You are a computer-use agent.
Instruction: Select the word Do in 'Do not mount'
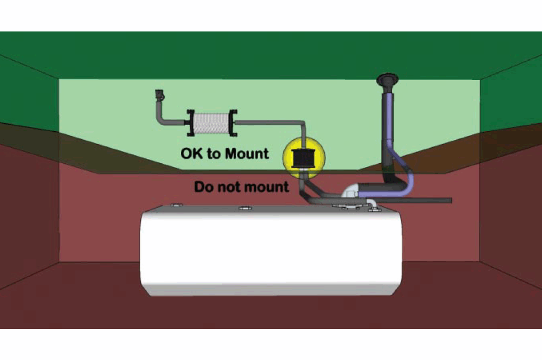pos(203,187)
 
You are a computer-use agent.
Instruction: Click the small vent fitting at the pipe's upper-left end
pos(159,96)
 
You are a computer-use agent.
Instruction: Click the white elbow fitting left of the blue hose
pos(350,191)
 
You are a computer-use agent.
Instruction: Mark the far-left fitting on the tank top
pos(176,204)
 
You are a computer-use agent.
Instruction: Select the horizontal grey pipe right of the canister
pos(267,123)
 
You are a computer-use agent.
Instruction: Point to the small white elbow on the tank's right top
pos(372,204)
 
